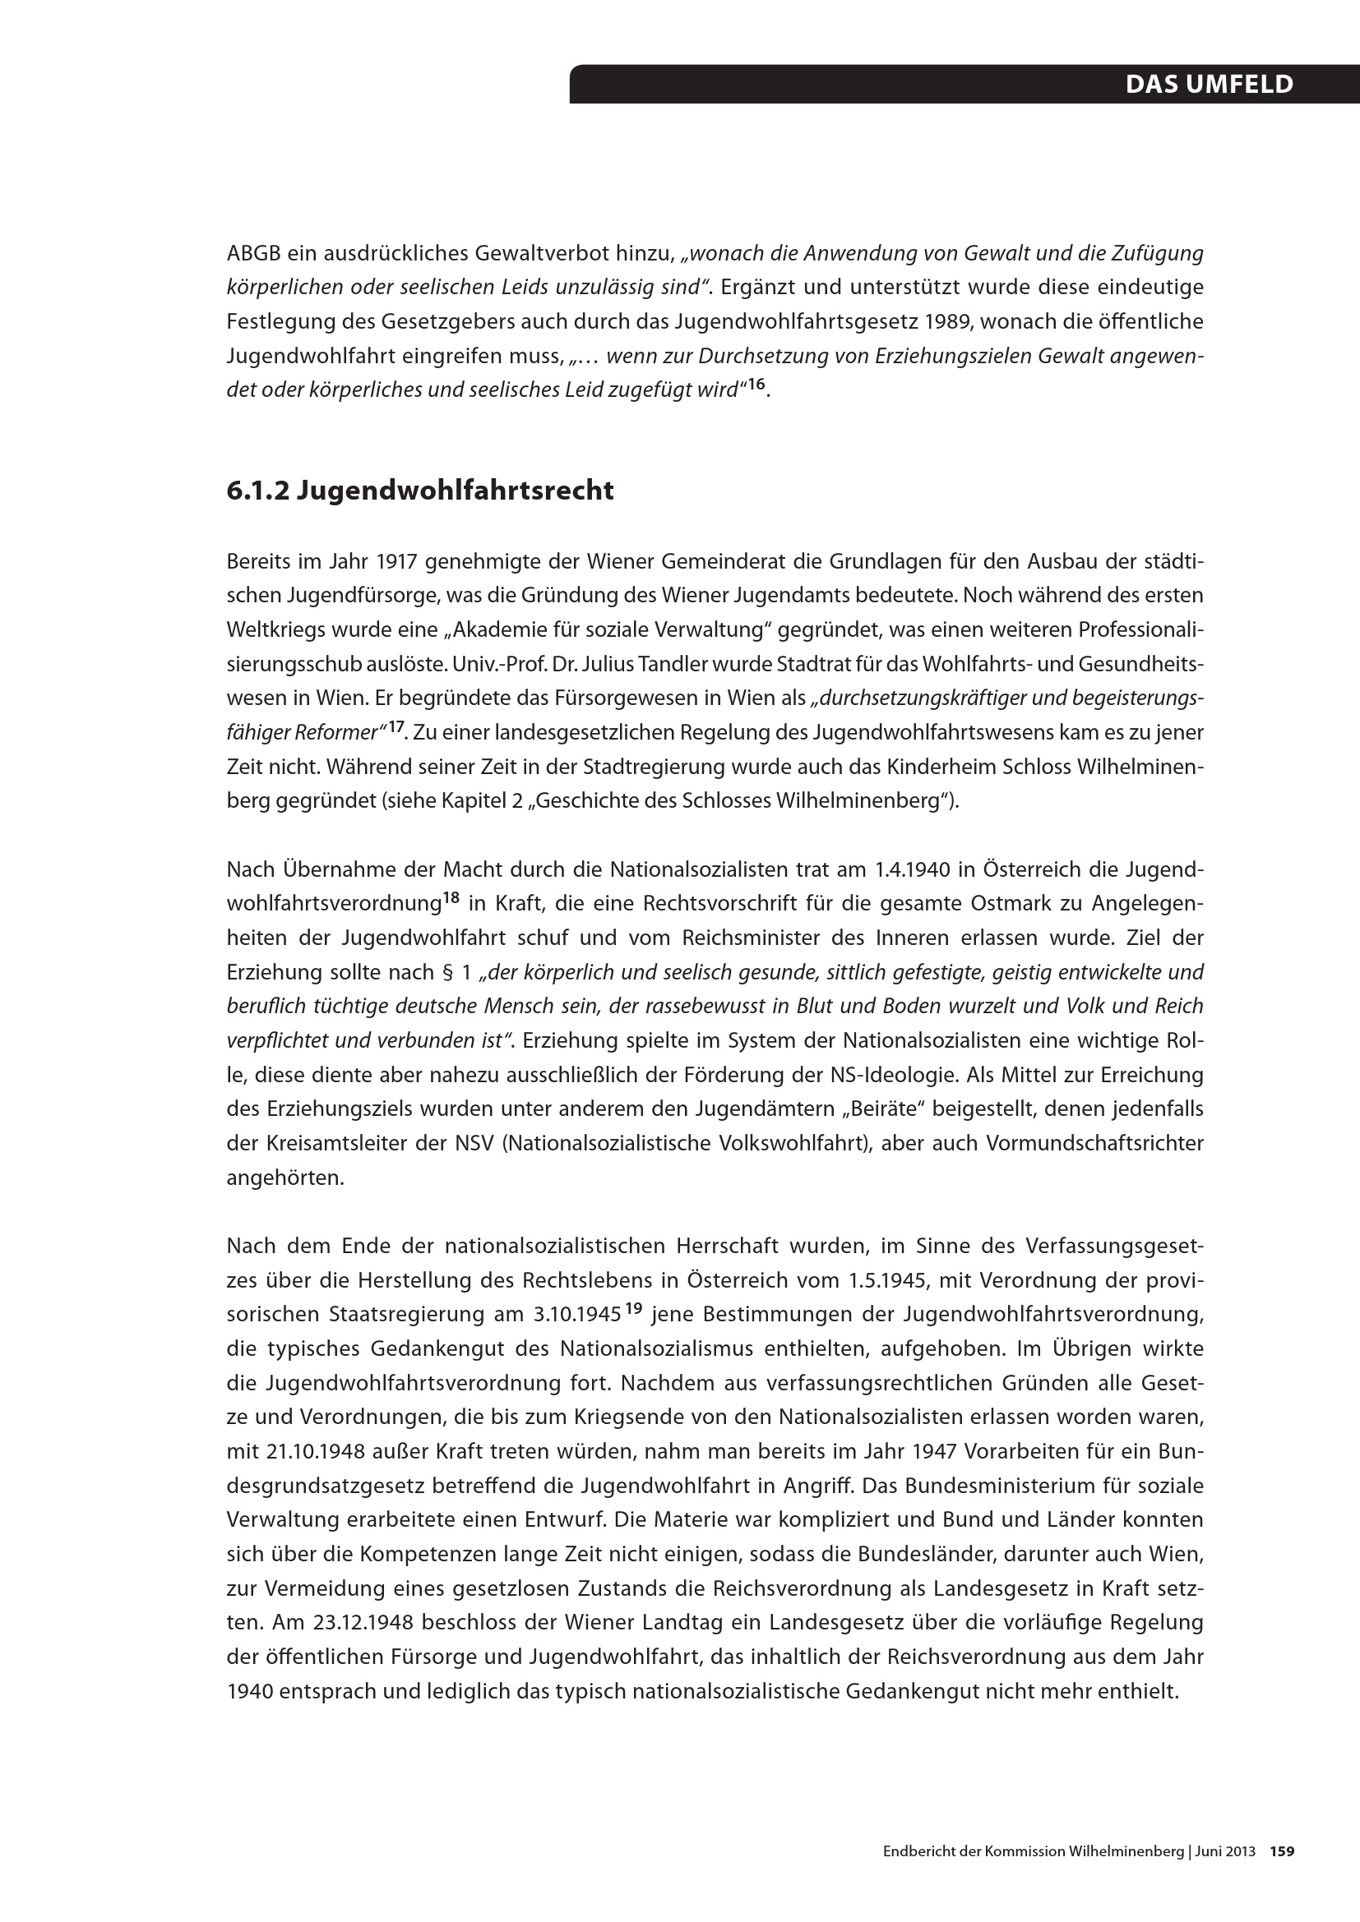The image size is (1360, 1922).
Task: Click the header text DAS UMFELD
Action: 1209,85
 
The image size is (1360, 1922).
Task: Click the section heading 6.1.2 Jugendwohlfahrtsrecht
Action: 419,491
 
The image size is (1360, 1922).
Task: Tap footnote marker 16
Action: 756,385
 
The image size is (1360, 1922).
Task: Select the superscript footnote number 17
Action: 396,727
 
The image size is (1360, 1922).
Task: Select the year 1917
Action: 397,561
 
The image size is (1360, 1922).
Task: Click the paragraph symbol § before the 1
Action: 449,973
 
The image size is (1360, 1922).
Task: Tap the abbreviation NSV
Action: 474,1144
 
